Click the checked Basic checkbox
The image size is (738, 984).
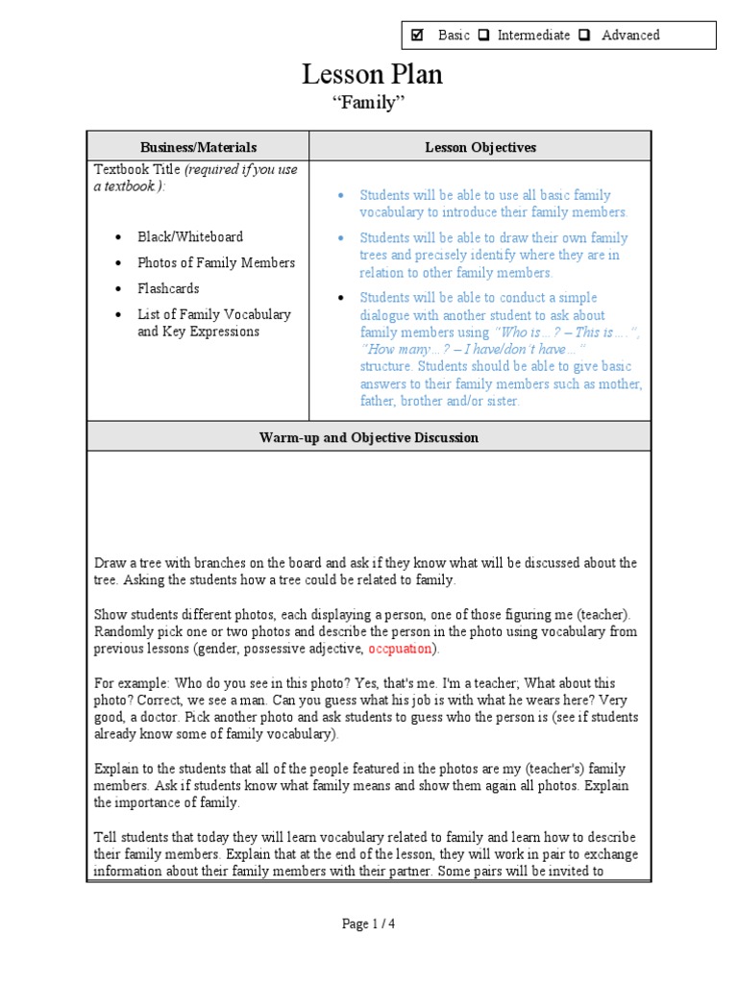pyautogui.click(x=417, y=36)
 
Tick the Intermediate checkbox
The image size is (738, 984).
pyautogui.click(x=483, y=36)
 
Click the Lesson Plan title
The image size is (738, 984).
pyautogui.click(x=373, y=75)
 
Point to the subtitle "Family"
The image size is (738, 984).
pyautogui.click(x=368, y=104)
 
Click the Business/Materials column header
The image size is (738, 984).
pyautogui.click(x=198, y=147)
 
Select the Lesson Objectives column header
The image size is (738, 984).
pyautogui.click(x=480, y=147)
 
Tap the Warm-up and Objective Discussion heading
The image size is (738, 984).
pyautogui.click(x=369, y=437)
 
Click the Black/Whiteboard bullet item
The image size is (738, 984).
pyautogui.click(x=189, y=236)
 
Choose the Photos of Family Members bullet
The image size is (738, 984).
pyautogui.click(x=215, y=262)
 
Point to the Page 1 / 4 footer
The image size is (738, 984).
pyautogui.click(x=369, y=923)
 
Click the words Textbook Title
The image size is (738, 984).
pyautogui.click(x=137, y=170)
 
